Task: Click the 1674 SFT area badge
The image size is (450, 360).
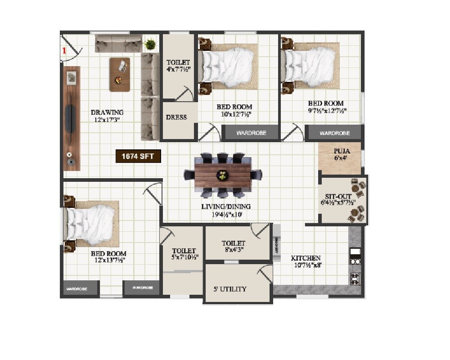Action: pos(138,157)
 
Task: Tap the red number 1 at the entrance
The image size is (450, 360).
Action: pos(64,50)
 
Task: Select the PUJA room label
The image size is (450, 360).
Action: pos(342,152)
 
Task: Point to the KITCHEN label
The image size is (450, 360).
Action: pos(306,258)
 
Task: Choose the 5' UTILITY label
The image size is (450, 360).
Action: pos(230,289)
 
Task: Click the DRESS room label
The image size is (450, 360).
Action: pos(176,117)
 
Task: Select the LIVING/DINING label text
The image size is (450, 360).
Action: pos(226,207)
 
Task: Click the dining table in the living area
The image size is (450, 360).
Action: pos(222,175)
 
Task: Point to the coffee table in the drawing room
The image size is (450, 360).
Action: pos(120,74)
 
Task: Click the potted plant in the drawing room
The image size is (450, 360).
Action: pos(150,45)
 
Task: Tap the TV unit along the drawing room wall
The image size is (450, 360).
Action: pos(72,118)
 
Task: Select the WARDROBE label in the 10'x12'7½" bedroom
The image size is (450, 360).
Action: pos(251,133)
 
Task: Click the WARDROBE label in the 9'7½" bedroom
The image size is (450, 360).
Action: pos(334,133)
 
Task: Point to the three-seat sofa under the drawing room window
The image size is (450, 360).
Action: pos(118,45)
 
